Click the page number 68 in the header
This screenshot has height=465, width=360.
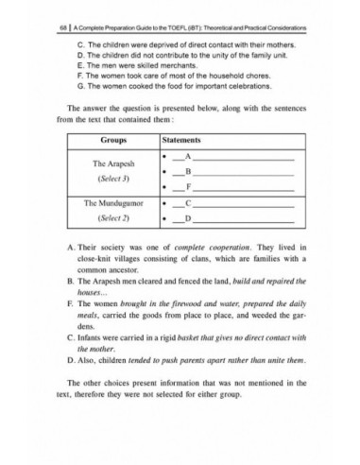click(61, 27)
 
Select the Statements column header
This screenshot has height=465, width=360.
click(185, 139)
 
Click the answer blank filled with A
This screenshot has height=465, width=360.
click(189, 154)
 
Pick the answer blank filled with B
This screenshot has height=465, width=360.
click(189, 171)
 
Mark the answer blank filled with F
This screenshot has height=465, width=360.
click(189, 187)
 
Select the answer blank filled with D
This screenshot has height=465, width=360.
click(189, 218)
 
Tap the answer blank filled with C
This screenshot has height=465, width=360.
click(189, 202)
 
